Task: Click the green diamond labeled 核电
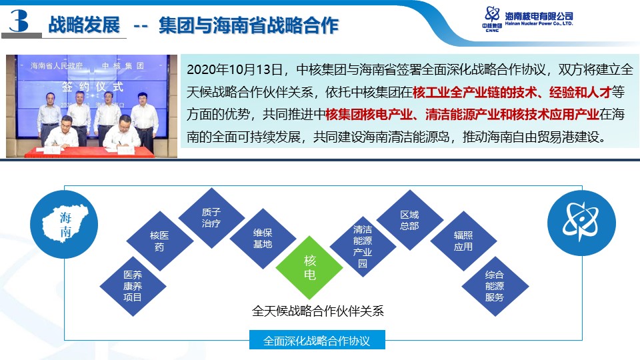click(x=309, y=268)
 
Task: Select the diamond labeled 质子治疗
click(x=211, y=218)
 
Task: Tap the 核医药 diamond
click(x=159, y=241)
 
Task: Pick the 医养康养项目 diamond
click(x=133, y=286)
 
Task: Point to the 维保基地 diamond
click(x=263, y=239)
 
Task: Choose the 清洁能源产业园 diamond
click(x=363, y=247)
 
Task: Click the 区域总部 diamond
click(x=409, y=220)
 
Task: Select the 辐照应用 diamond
click(x=463, y=241)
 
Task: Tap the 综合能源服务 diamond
click(x=495, y=286)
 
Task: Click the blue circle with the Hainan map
click(x=64, y=224)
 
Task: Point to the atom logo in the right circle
click(x=581, y=221)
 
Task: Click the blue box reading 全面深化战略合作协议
click(x=317, y=340)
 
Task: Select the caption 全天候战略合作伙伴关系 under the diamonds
click(x=318, y=311)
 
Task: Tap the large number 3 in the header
click(x=19, y=21)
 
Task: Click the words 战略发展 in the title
click(x=84, y=25)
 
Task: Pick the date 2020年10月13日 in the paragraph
click(x=235, y=69)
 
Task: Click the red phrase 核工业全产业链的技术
click(x=475, y=92)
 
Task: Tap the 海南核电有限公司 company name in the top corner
click(x=539, y=16)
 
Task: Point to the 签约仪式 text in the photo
click(x=92, y=87)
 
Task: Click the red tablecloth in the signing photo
click(x=89, y=152)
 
